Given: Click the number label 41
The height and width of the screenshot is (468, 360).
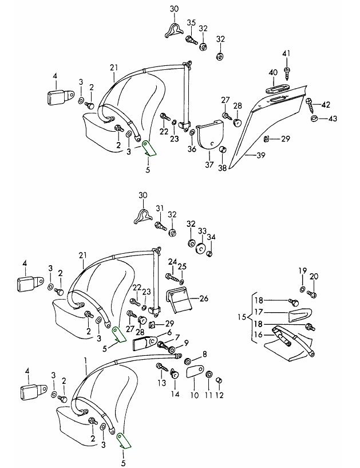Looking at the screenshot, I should point(287,54).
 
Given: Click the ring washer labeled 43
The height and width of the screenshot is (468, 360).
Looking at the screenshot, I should point(315,119).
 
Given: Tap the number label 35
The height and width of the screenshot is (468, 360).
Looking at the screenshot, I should point(191,23).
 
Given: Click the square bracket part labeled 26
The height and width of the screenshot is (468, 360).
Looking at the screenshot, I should point(179,298).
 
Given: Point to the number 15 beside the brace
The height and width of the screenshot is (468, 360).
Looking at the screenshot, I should point(241,317).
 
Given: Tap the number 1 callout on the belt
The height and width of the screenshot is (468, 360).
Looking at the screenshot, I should point(85,361).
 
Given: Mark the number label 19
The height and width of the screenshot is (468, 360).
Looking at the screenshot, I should point(303,270).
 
